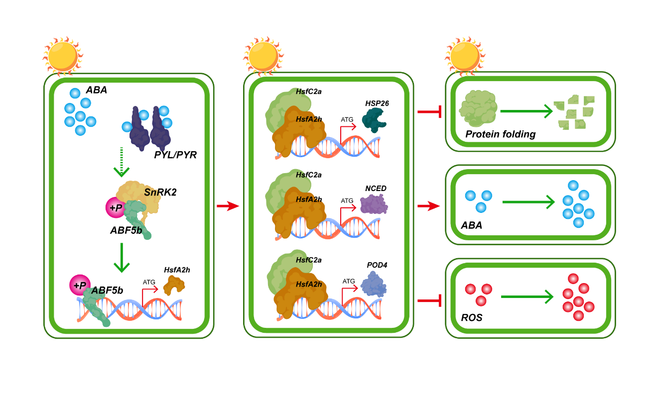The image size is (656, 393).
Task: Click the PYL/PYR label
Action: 175,155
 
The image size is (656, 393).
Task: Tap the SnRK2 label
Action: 160,192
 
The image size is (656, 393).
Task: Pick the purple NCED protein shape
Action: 374,204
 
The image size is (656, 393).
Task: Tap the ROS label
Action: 472,317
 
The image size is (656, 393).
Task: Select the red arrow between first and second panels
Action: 228,206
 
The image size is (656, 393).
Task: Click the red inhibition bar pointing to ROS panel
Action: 429,300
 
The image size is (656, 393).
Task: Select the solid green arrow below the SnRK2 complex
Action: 121,258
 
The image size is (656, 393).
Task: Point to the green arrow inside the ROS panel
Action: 527,297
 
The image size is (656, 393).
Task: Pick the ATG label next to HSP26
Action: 347,119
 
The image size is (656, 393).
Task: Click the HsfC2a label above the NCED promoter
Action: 309,175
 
